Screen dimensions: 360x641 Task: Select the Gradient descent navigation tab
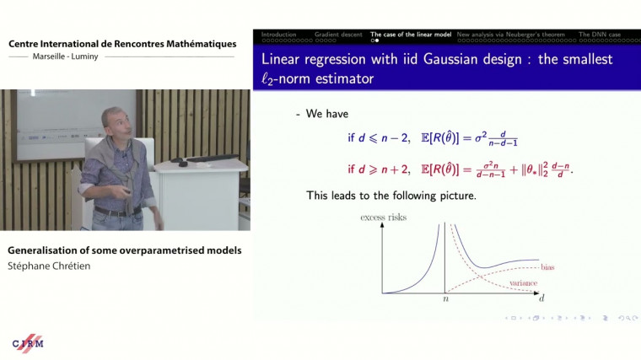point(338,35)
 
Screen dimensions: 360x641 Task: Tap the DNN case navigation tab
point(601,35)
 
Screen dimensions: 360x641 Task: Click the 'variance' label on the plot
point(524,283)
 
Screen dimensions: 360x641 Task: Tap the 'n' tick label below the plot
point(444,298)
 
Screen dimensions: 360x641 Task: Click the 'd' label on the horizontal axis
point(541,298)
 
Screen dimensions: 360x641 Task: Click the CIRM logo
point(28,343)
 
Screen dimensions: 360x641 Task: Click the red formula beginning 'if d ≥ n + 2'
point(454,169)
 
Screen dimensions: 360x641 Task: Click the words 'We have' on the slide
point(329,114)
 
